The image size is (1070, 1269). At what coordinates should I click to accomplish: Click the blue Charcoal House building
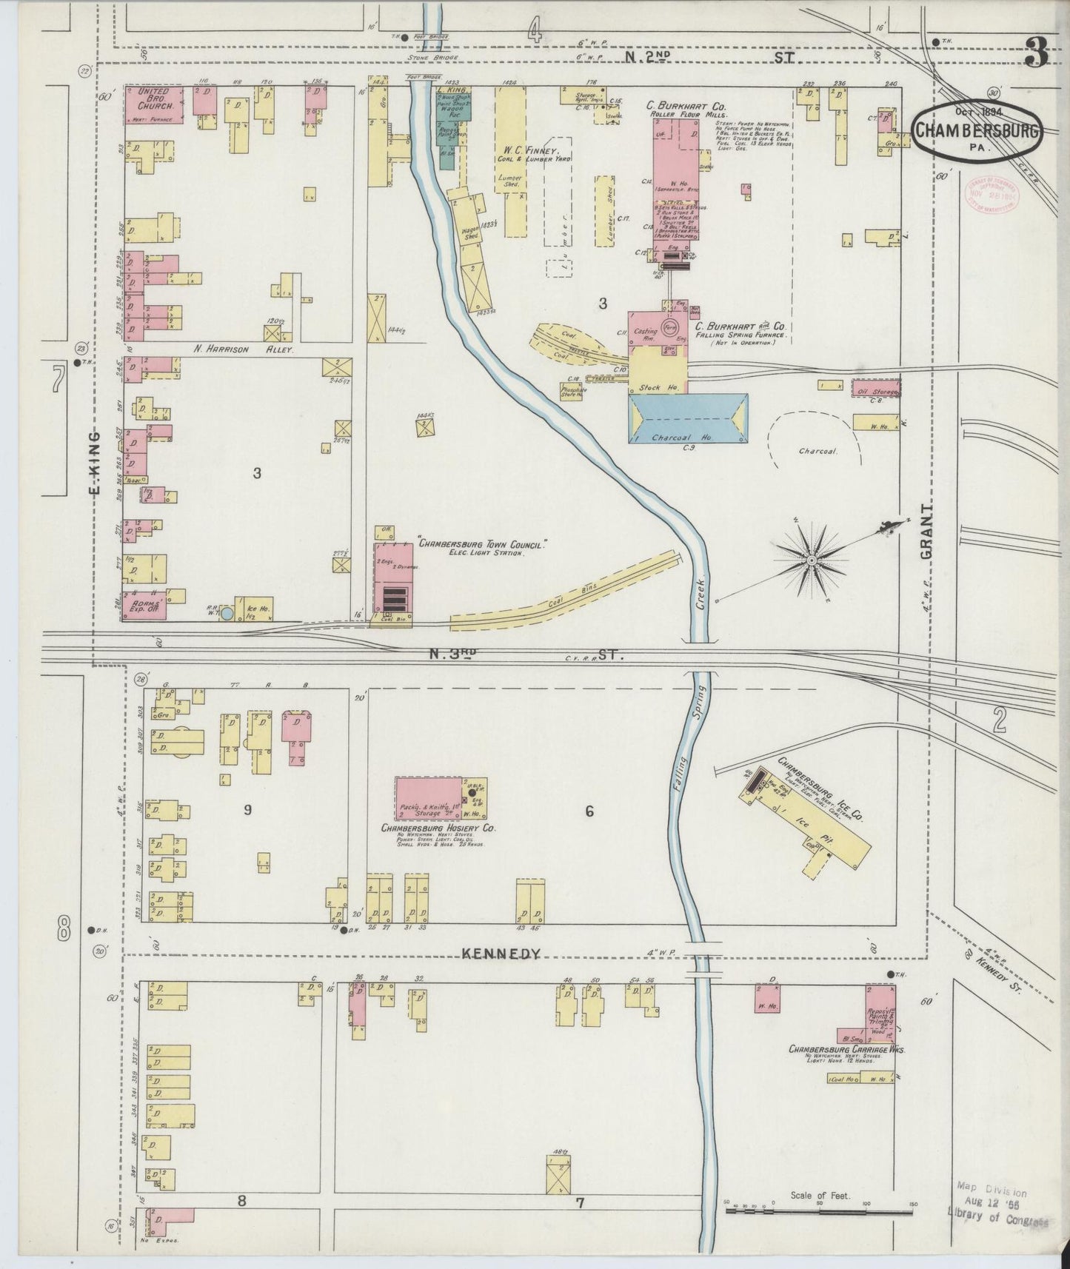point(688,419)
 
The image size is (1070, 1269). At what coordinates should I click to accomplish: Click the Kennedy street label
point(501,954)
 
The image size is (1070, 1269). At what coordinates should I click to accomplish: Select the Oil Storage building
point(875,389)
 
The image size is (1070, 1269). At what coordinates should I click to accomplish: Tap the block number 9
point(247,810)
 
